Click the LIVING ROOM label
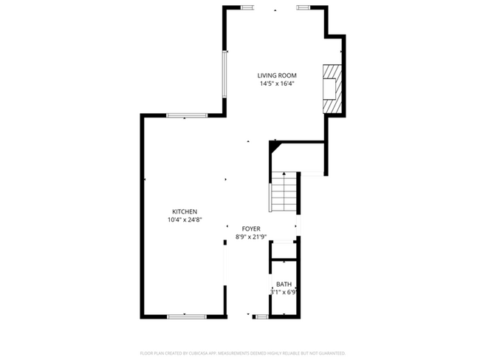277,75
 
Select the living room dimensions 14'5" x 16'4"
277,84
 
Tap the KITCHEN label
185,211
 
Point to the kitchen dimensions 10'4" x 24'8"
185,219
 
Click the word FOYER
250,229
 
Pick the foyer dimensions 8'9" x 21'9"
250,237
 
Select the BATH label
284,285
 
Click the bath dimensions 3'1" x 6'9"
284,293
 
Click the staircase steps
284,196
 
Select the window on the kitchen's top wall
187,115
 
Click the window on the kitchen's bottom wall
187,316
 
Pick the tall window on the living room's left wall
226,74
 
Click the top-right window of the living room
304,7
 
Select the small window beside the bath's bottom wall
260,316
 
